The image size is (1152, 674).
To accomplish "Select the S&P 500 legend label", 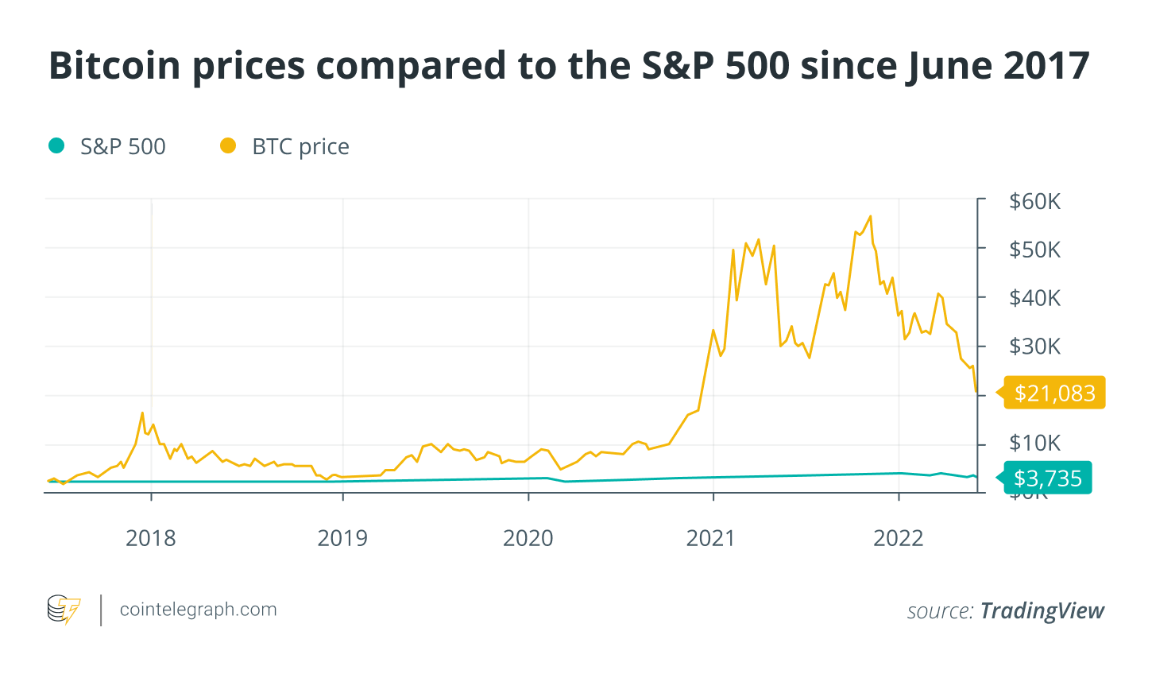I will click(123, 147).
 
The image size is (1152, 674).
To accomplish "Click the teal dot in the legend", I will click(56, 145).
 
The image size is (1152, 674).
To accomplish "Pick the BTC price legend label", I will click(300, 147).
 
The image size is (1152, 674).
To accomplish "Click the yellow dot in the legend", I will click(228, 145).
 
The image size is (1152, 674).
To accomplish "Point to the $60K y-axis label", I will click(1034, 201).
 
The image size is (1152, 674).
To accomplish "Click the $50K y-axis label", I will click(1034, 250).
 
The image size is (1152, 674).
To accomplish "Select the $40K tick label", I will click(1034, 298).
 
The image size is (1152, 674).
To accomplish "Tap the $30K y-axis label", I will click(1034, 347).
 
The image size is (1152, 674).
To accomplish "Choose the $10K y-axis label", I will click(1034, 444).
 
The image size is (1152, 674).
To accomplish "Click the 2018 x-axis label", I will click(151, 539).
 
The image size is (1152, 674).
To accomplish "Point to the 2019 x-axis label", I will click(342, 539).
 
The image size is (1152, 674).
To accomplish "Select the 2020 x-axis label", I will click(528, 539).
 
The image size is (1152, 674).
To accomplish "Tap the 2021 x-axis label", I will click(711, 539).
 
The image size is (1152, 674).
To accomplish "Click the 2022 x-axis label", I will click(899, 539).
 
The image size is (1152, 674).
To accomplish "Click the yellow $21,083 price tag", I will click(1054, 393).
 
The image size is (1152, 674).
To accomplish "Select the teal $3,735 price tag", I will click(1048, 478).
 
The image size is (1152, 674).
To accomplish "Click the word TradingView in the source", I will click(1042, 610).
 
